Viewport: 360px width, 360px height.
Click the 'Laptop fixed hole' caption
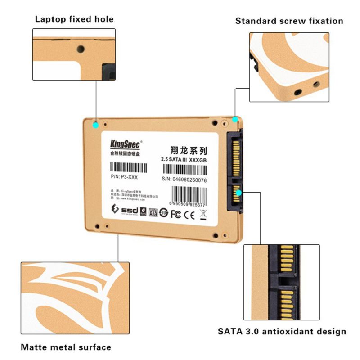pos(74,19)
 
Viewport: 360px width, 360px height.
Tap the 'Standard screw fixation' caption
pos(289,21)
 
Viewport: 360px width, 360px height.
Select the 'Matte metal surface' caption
pos(66,347)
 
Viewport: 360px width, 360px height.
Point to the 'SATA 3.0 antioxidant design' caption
pos(282,332)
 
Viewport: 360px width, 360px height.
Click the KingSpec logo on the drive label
pos(126,144)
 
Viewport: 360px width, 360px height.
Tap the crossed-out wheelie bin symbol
pos(202,213)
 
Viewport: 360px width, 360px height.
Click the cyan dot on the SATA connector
pos(239,192)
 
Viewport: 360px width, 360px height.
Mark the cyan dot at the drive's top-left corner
pos(95,125)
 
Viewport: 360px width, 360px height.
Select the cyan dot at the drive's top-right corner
pos(235,119)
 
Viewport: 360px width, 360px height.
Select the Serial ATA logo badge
pos(153,212)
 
